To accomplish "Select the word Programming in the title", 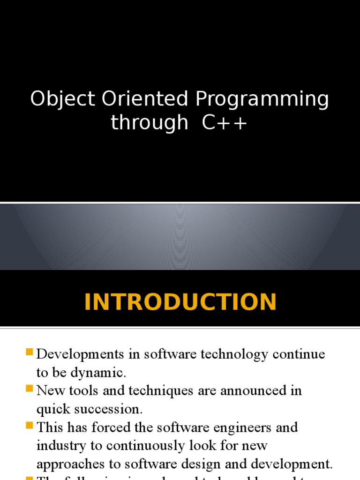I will tap(262, 101).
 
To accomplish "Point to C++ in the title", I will tap(225, 123).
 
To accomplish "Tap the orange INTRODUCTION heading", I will tap(180, 302).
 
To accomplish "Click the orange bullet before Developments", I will tap(30, 352).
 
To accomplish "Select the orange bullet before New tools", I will tap(30, 389).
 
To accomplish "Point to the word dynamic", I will tap(98, 373).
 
